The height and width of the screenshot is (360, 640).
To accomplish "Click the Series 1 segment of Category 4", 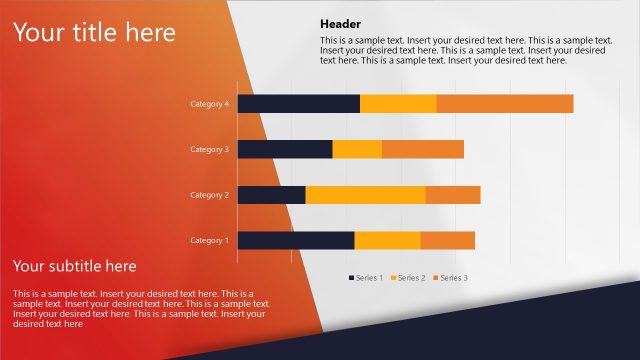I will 298,104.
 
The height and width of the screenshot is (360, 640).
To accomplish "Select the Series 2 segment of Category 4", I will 398,104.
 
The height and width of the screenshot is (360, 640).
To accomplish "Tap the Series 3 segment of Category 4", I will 505,104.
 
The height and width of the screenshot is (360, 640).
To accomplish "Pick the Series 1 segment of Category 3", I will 285,149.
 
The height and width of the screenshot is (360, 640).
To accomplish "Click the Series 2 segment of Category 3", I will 357,149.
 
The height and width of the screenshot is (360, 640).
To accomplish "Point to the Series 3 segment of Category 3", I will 423,149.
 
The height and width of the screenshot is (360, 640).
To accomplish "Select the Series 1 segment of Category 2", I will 271,195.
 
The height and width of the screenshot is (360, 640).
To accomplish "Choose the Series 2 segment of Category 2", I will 365,195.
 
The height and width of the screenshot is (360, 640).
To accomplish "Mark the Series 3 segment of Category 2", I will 453,195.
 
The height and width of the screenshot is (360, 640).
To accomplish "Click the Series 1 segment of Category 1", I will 296,240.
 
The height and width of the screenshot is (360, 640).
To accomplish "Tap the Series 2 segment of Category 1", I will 387,240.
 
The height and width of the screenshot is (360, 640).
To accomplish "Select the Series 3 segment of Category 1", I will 447,240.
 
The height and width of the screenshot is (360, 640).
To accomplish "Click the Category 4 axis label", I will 210,104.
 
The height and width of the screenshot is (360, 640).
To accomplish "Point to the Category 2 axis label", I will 210,195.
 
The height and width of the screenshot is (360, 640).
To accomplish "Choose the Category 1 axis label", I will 210,240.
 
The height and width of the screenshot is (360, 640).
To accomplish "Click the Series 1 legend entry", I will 366,277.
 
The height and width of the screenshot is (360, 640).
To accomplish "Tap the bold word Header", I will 341,24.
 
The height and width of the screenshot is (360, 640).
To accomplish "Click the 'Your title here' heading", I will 94,33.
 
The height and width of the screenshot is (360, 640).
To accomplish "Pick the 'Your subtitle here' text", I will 75,266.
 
